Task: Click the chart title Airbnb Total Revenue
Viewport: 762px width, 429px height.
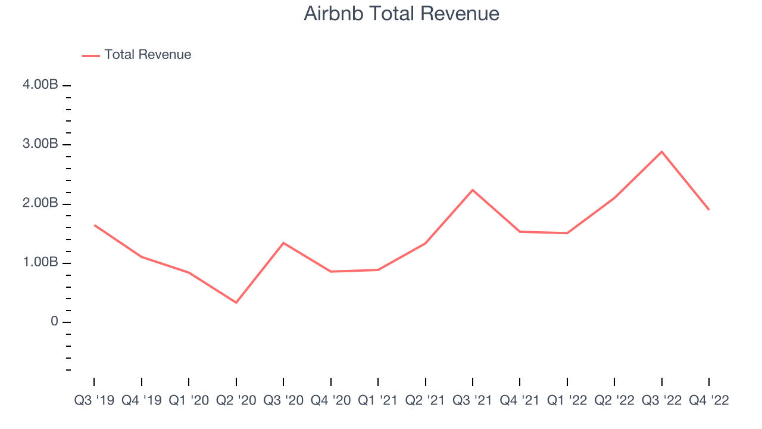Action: [x=401, y=14]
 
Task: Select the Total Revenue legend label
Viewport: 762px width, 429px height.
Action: [x=148, y=55]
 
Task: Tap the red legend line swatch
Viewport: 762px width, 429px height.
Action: [x=91, y=55]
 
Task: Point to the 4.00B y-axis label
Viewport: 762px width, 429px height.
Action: [x=40, y=85]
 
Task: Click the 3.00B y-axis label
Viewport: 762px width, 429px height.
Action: [x=40, y=144]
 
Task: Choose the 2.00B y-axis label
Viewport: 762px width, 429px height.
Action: [x=40, y=204]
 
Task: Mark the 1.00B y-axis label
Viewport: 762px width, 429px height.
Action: [x=40, y=263]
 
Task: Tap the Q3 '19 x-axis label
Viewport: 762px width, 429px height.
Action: [x=94, y=400]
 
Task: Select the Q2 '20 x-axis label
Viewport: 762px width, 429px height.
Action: [x=236, y=400]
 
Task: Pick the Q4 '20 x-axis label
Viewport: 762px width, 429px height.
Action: [x=331, y=400]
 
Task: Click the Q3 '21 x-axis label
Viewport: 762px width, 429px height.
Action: [x=473, y=400]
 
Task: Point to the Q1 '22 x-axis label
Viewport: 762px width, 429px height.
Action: [x=567, y=400]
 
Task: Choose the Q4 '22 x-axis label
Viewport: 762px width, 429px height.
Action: [x=708, y=400]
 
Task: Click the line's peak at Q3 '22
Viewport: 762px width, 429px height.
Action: [x=661, y=152]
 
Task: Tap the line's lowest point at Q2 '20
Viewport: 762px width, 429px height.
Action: [x=236, y=303]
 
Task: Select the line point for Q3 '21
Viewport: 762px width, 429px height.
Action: [x=473, y=190]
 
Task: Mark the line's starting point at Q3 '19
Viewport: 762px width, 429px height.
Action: [x=94, y=225]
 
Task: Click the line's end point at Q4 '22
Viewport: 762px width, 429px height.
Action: [x=708, y=210]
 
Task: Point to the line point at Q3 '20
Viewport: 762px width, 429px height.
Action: [x=283, y=243]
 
